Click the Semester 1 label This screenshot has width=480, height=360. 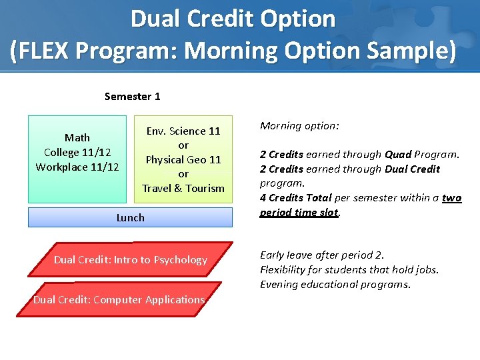pyautogui.click(x=132, y=97)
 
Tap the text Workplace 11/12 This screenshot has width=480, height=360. pyautogui.click(x=77, y=167)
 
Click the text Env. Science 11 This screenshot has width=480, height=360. pyautogui.click(x=183, y=131)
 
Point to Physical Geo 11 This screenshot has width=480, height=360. pyautogui.click(x=183, y=160)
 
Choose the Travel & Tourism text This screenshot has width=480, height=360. pyautogui.click(x=183, y=189)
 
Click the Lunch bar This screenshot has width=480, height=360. pyautogui.click(x=130, y=217)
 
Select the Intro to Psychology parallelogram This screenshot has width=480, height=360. pyautogui.click(x=130, y=259)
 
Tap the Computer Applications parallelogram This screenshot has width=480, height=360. pyautogui.click(x=119, y=300)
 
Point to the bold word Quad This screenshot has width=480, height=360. pyautogui.click(x=397, y=155)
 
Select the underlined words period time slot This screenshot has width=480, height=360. pyautogui.click(x=299, y=213)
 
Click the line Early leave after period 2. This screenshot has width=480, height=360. pyautogui.click(x=322, y=255)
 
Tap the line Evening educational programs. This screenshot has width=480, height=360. pyautogui.click(x=335, y=285)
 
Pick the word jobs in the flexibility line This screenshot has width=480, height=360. pyautogui.click(x=427, y=270)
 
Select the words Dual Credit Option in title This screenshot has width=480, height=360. pyautogui.click(x=233, y=19)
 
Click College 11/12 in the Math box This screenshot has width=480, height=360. pyautogui.click(x=77, y=153)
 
